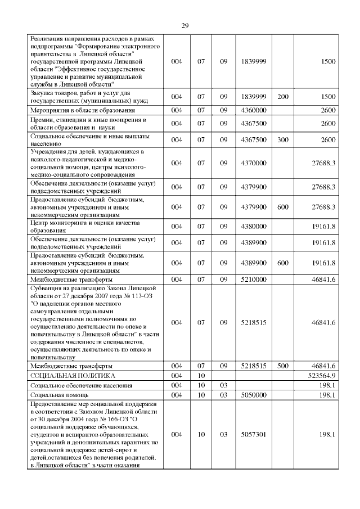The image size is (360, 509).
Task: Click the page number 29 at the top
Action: (184, 26)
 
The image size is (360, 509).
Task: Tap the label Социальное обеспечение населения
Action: (82, 385)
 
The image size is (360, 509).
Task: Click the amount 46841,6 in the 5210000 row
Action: (323, 280)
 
